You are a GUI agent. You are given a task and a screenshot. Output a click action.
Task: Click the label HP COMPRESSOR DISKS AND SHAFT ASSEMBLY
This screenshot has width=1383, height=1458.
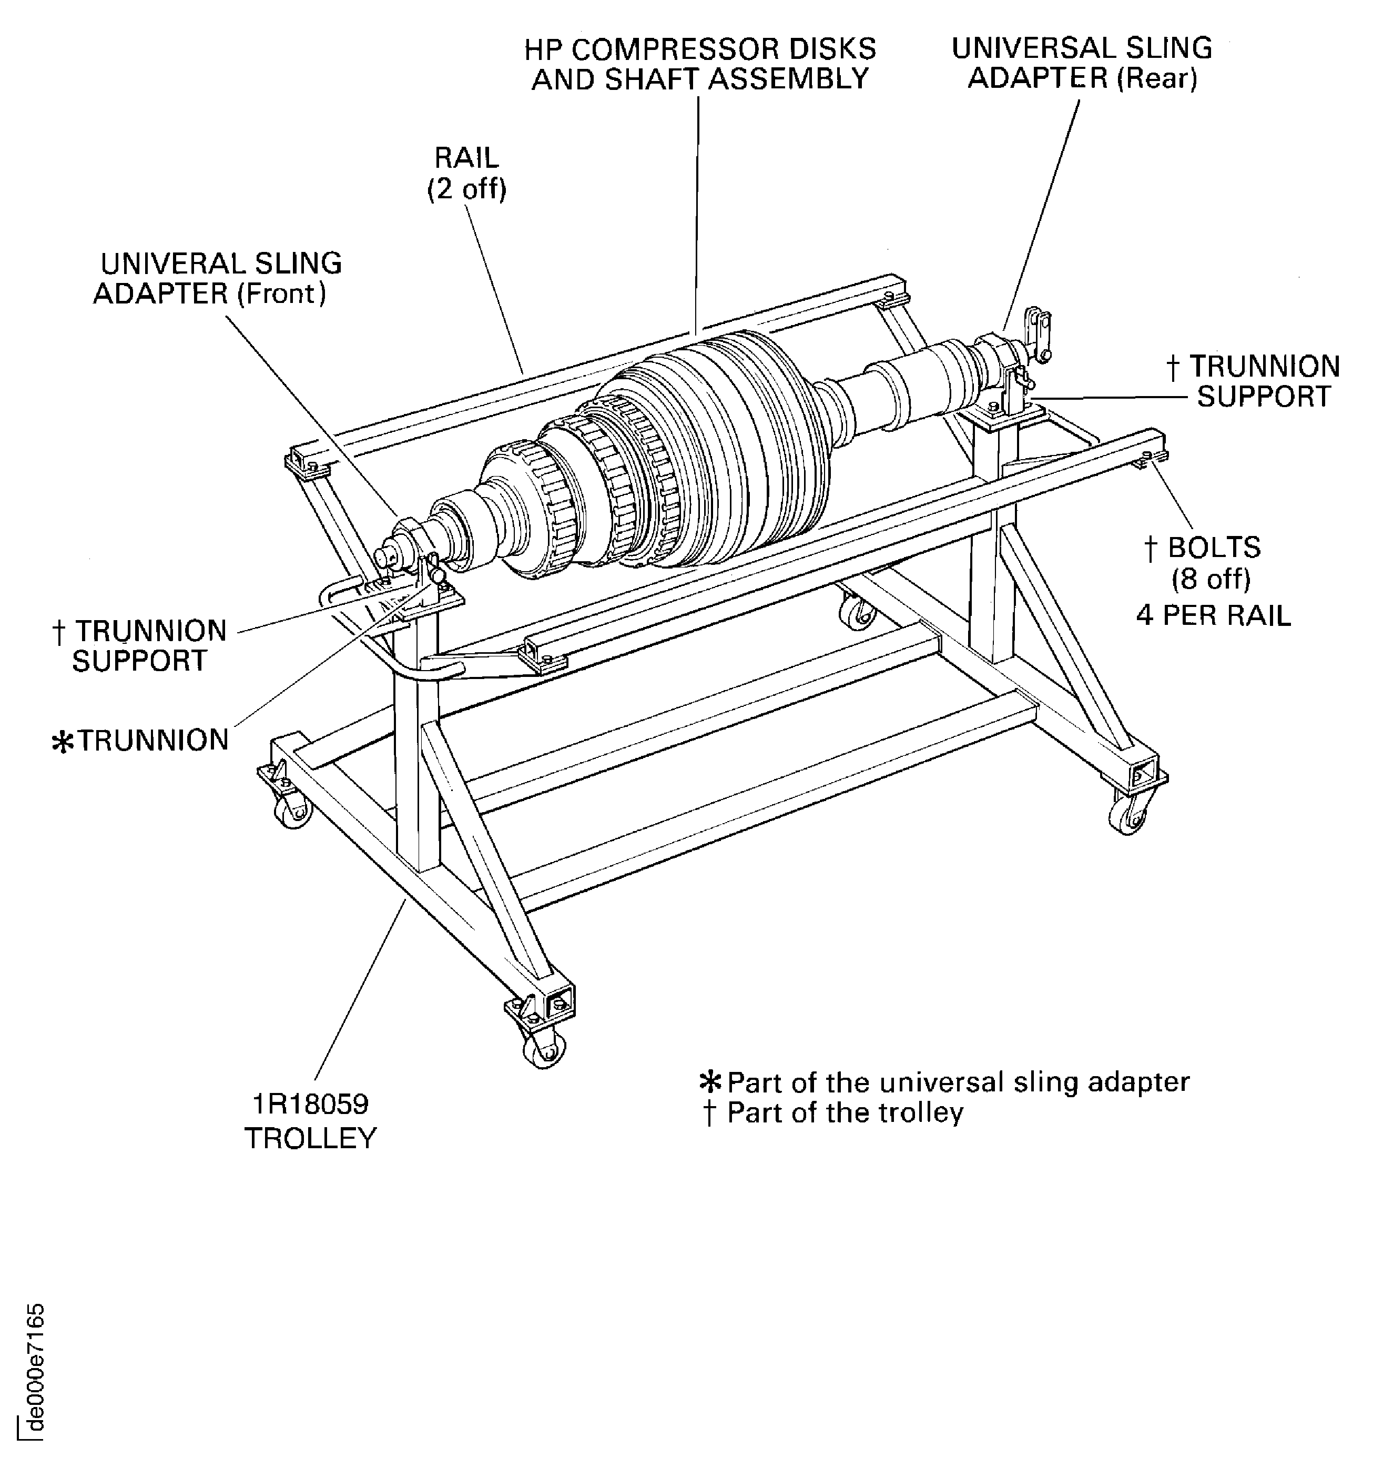pyautogui.click(x=699, y=64)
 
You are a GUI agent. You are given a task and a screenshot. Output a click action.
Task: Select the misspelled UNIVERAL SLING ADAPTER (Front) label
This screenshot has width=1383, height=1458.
pyautogui.click(x=218, y=279)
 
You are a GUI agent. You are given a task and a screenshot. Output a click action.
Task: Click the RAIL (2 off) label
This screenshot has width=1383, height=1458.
pyautogui.click(x=466, y=173)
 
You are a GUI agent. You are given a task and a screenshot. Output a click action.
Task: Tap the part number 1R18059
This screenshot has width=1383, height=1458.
pyautogui.click(x=310, y=1104)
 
